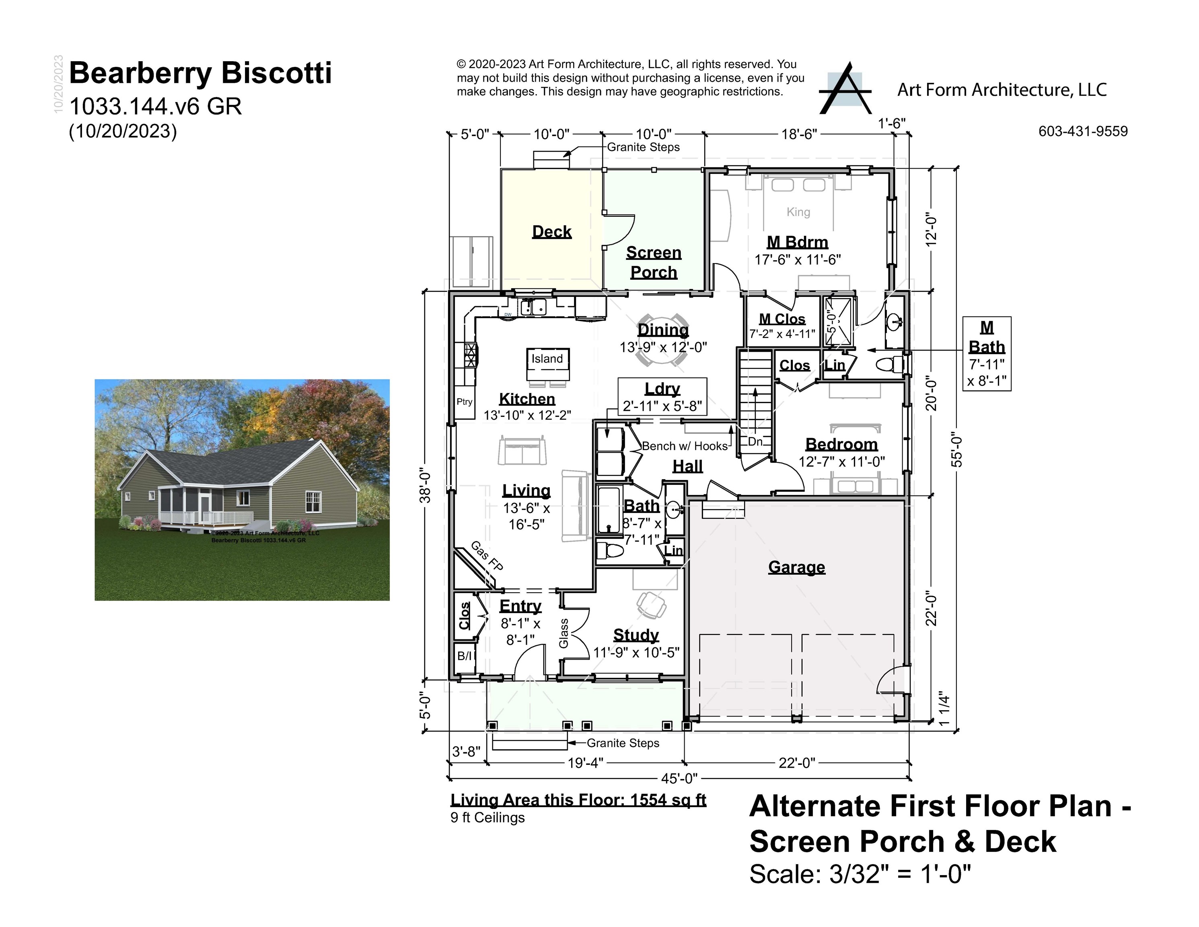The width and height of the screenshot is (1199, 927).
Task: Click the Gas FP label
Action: (x=487, y=556)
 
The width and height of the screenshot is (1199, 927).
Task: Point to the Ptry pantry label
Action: (x=465, y=402)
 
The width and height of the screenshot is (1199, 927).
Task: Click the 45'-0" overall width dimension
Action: (x=679, y=778)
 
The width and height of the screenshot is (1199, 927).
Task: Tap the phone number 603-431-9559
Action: (x=1083, y=131)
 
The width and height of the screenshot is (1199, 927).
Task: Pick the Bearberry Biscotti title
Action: (x=200, y=73)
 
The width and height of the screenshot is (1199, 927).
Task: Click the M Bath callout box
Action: (x=987, y=354)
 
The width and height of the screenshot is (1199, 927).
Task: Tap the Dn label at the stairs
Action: (x=755, y=441)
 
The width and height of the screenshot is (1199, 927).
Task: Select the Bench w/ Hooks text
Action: (x=685, y=446)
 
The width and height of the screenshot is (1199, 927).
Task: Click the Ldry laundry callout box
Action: (x=662, y=396)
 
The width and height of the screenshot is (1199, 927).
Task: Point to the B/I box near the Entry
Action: (x=465, y=656)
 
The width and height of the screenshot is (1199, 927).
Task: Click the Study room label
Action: (x=636, y=635)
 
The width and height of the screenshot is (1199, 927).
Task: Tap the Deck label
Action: (x=552, y=232)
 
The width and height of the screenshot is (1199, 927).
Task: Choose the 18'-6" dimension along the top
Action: (x=799, y=134)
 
